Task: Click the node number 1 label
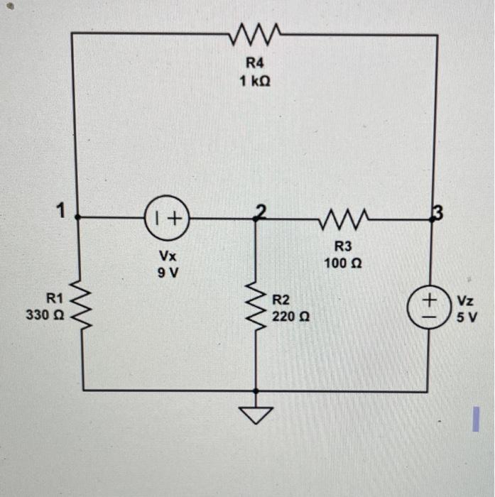click(x=62, y=210)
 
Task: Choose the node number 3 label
click(x=438, y=211)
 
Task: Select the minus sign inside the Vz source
click(x=429, y=316)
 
